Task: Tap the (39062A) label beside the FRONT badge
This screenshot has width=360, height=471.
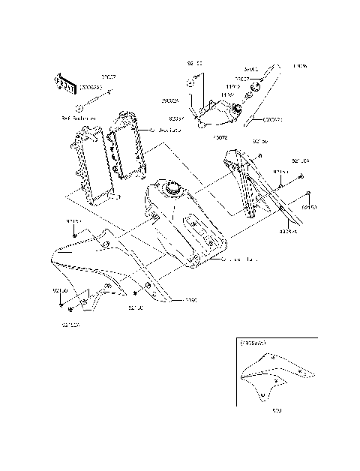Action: tap(92, 87)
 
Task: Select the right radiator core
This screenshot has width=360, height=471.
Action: tap(127, 148)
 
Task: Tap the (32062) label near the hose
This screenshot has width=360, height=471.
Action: tap(271, 118)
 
